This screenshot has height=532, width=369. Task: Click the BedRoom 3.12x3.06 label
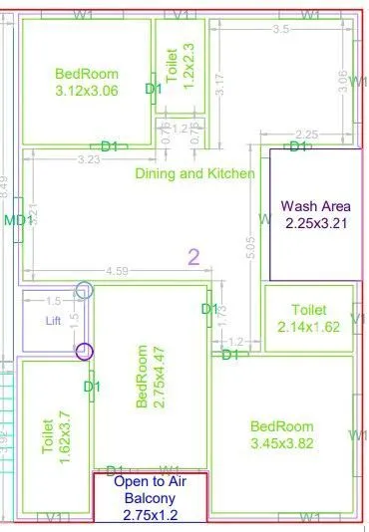click(87, 82)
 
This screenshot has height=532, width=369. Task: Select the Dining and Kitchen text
click(194, 173)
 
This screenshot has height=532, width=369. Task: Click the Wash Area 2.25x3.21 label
click(314, 215)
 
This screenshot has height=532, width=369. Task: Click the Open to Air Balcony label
click(151, 498)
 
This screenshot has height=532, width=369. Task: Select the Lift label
click(53, 322)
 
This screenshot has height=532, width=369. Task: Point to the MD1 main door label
click(15, 220)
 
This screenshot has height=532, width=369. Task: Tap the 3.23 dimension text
click(88, 158)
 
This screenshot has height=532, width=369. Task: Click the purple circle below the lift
click(85, 351)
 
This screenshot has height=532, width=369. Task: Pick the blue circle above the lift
click(85, 291)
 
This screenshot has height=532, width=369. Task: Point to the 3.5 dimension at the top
click(280, 30)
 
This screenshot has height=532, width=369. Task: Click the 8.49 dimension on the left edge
click(5, 185)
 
